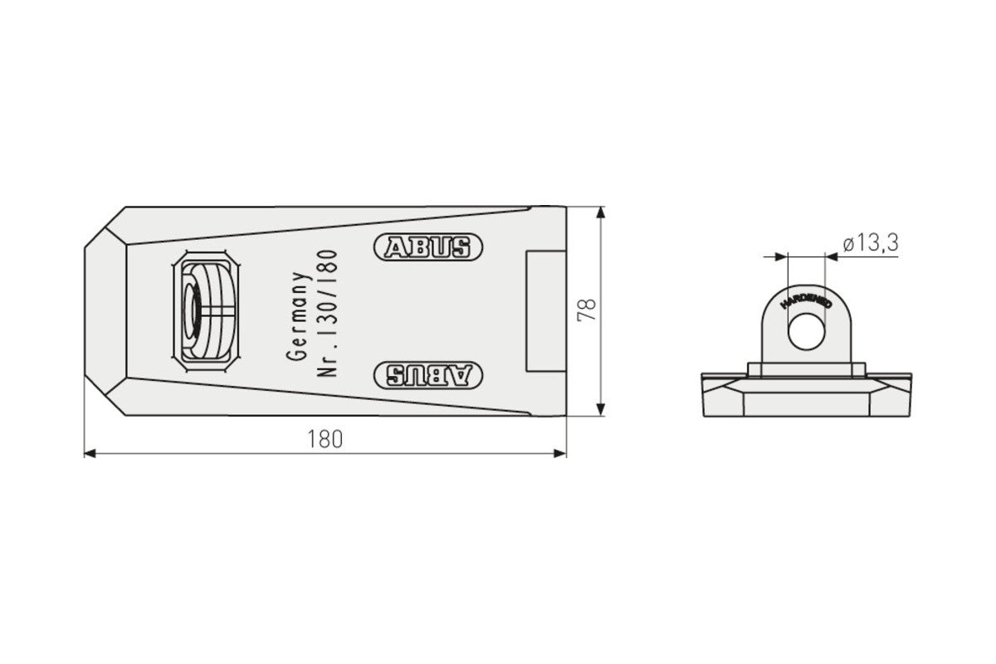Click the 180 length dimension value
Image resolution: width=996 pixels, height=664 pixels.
325,439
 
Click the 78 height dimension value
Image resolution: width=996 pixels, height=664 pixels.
587,311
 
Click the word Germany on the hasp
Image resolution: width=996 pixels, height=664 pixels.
298,316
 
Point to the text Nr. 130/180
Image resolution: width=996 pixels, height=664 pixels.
325,313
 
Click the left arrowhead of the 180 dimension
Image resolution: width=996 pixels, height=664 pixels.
90,453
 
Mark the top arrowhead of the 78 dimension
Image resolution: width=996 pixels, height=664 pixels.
601,212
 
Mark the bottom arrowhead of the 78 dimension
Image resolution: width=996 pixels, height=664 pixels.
601,410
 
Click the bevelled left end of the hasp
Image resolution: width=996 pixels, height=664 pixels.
105,312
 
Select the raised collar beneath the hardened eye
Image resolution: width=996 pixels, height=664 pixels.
804,368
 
